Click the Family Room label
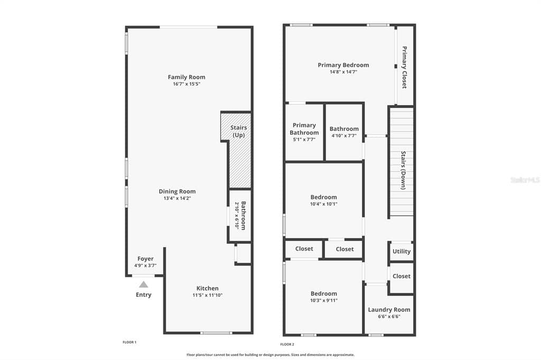(x=186, y=77)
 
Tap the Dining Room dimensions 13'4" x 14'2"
(x=178, y=198)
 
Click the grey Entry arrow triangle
(x=144, y=285)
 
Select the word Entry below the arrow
(x=144, y=295)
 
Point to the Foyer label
(x=145, y=259)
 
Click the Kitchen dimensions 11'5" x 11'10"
(x=207, y=295)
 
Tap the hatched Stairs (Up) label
(x=238, y=131)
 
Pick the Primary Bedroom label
(x=343, y=65)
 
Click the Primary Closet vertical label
(x=404, y=67)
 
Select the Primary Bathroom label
(x=304, y=129)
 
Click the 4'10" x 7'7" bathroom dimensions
(x=344, y=136)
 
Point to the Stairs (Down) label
(x=403, y=170)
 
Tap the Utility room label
(x=402, y=251)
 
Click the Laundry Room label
(x=389, y=310)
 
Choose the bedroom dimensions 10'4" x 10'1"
(x=324, y=204)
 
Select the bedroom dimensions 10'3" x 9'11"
(x=324, y=300)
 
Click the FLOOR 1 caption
(x=130, y=343)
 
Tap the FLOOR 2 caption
(x=287, y=345)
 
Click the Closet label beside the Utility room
(x=402, y=276)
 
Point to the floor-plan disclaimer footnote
(x=270, y=355)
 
